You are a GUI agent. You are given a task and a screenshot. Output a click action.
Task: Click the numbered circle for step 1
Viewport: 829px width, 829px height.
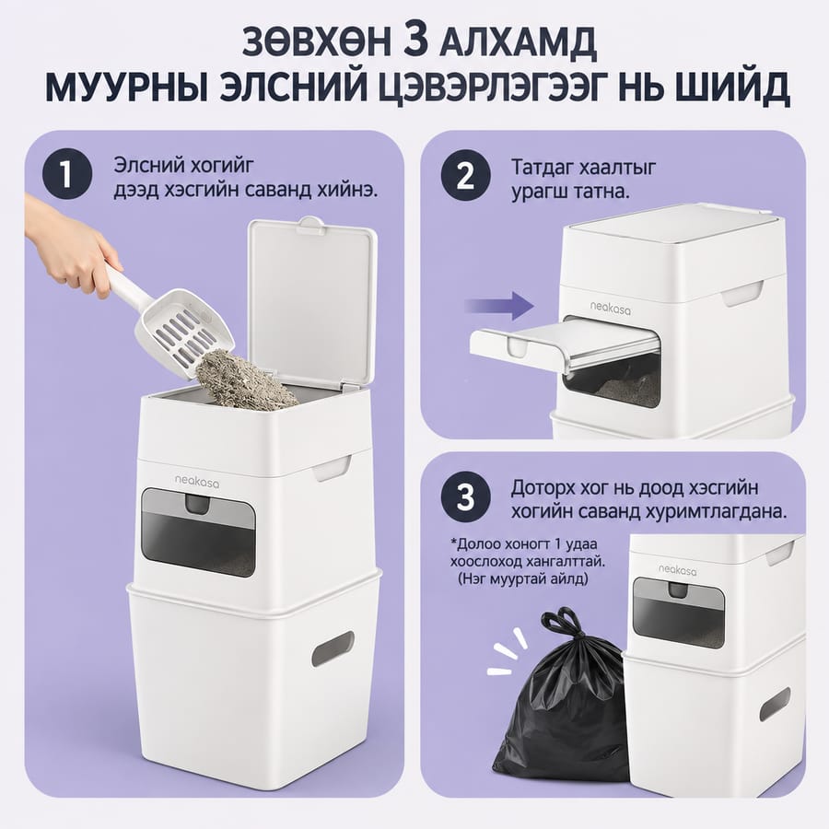click(x=67, y=174)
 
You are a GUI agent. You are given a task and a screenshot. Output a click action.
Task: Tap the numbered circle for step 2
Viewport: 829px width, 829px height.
click(x=466, y=176)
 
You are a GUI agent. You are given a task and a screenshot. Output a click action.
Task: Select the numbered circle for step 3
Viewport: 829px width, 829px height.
click(x=466, y=498)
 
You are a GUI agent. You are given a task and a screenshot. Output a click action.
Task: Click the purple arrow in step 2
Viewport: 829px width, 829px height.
click(x=499, y=306)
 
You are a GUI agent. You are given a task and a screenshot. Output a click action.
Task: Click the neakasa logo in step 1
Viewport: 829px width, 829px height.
click(x=197, y=481)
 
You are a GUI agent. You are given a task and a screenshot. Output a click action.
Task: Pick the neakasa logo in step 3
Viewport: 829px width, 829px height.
click(x=677, y=569)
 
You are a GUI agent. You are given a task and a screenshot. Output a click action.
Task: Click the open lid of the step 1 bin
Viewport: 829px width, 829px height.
click(x=311, y=302)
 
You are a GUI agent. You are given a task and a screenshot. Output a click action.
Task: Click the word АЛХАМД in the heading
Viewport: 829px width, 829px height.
click(x=518, y=43)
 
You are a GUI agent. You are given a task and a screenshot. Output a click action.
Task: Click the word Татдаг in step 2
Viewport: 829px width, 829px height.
click(x=542, y=169)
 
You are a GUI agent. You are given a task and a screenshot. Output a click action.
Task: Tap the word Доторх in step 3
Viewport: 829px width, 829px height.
click(x=543, y=487)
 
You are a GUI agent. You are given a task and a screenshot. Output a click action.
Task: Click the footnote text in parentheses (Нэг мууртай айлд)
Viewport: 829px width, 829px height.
click(x=522, y=578)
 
